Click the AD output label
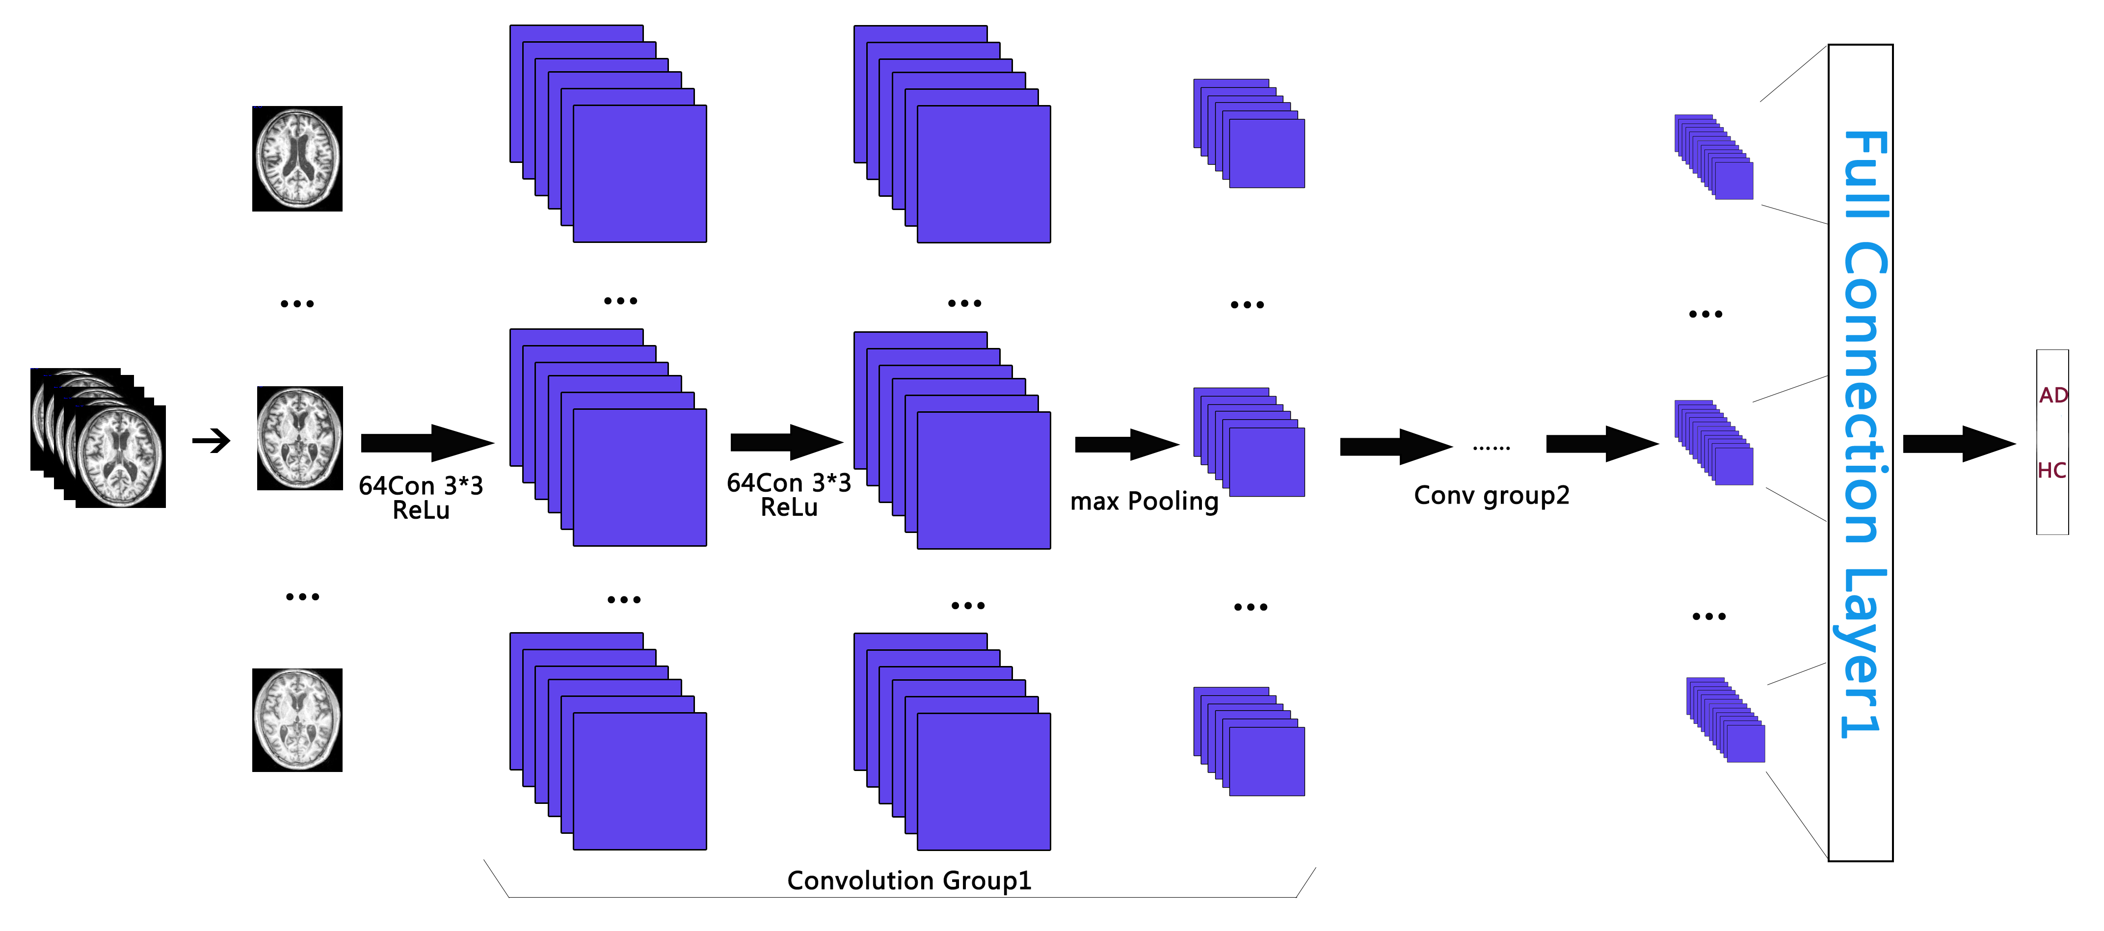(2052, 395)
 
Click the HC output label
(2051, 470)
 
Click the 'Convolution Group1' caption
(909, 880)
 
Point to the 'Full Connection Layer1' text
(1864, 433)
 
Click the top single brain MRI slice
(297, 159)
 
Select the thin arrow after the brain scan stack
(212, 442)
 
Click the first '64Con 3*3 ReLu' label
(421, 497)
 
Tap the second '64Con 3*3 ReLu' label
(789, 495)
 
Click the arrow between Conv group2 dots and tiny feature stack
(1602, 444)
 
